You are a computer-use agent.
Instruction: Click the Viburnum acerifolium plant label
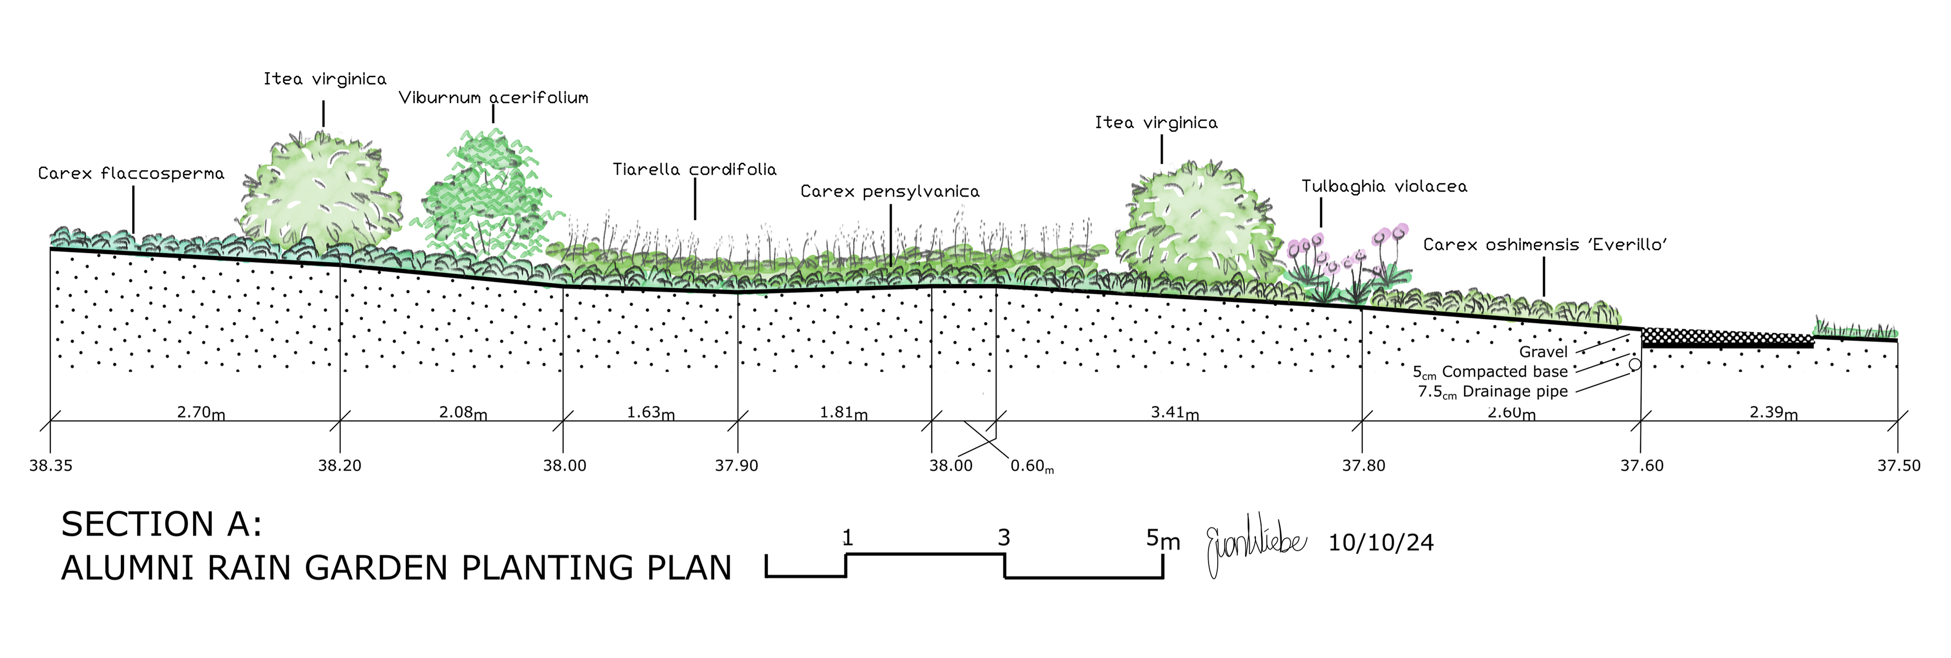tap(493, 97)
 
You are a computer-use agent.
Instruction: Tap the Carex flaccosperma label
tap(131, 174)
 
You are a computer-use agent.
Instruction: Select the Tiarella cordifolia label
tap(695, 170)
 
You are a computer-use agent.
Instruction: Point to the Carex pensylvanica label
tap(890, 191)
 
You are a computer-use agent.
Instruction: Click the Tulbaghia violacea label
tap(1383, 186)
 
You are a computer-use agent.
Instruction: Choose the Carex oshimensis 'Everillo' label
tap(1545, 245)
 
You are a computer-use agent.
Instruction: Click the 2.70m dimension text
tap(201, 413)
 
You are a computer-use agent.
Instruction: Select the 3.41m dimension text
tap(1175, 413)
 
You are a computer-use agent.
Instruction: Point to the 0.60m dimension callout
tap(1031, 466)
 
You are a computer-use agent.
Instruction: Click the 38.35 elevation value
tap(51, 466)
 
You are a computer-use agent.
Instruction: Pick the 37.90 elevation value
tap(736, 466)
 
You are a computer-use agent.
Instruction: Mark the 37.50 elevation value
tap(1898, 466)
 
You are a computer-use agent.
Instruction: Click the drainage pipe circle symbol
tap(1634, 364)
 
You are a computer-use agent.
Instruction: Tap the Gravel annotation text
tap(1543, 352)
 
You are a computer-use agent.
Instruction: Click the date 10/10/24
tap(1381, 543)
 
